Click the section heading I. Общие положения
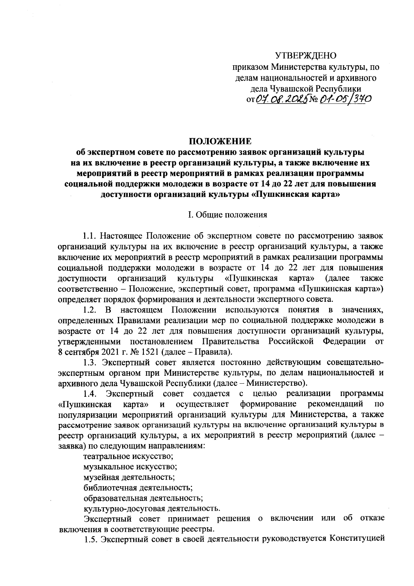pyautogui.click(x=227, y=215)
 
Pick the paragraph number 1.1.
pyautogui.click(x=90, y=236)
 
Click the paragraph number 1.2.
pyautogui.click(x=90, y=310)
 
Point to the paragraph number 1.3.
pyautogui.click(x=90, y=363)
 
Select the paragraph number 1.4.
pyautogui.click(x=90, y=394)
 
